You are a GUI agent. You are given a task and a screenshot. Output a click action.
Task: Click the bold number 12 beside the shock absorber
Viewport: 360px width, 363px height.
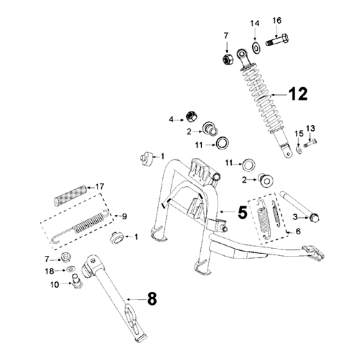click(298, 94)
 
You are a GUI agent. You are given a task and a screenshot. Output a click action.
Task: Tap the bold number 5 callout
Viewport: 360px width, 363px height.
click(243, 212)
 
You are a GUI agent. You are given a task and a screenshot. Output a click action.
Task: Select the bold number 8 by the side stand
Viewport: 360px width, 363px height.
click(152, 299)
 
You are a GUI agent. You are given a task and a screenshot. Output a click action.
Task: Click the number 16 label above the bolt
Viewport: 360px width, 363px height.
click(277, 21)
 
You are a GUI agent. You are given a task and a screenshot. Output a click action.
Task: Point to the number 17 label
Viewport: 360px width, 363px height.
click(99, 187)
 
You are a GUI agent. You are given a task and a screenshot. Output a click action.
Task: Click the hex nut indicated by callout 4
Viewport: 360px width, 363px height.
click(192, 117)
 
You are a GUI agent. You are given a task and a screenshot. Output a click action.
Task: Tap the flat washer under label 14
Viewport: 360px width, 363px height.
click(256, 48)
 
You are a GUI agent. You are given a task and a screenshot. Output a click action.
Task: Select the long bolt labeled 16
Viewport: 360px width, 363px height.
click(277, 40)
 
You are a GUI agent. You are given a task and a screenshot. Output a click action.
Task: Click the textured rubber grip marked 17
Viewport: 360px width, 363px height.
click(71, 196)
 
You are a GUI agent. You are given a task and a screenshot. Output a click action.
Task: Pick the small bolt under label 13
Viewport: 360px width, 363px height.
click(310, 143)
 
